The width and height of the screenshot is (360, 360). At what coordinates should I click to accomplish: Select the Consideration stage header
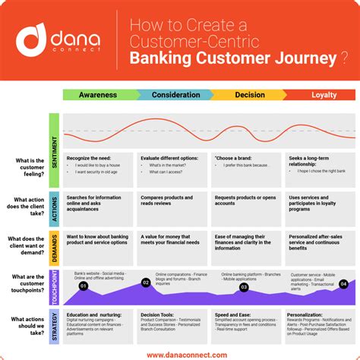[x=175, y=95]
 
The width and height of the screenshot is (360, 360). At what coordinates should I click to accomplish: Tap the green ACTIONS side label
[x=54, y=208]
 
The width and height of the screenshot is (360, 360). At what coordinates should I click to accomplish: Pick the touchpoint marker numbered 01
[x=84, y=286]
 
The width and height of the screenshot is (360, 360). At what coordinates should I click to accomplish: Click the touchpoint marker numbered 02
[x=146, y=283]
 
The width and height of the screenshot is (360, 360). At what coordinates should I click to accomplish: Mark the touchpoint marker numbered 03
[x=244, y=288]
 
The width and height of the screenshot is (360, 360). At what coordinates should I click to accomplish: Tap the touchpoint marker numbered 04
[x=343, y=283]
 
